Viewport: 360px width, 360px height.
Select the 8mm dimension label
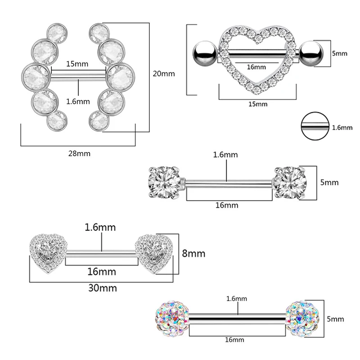coord(194,254)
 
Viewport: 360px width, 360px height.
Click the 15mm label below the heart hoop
coord(258,104)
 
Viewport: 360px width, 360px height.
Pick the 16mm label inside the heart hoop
coord(256,67)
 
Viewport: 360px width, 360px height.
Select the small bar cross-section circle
coord(314,127)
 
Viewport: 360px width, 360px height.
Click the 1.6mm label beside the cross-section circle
coord(342,127)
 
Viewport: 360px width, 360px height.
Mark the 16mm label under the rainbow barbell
coord(237,340)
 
